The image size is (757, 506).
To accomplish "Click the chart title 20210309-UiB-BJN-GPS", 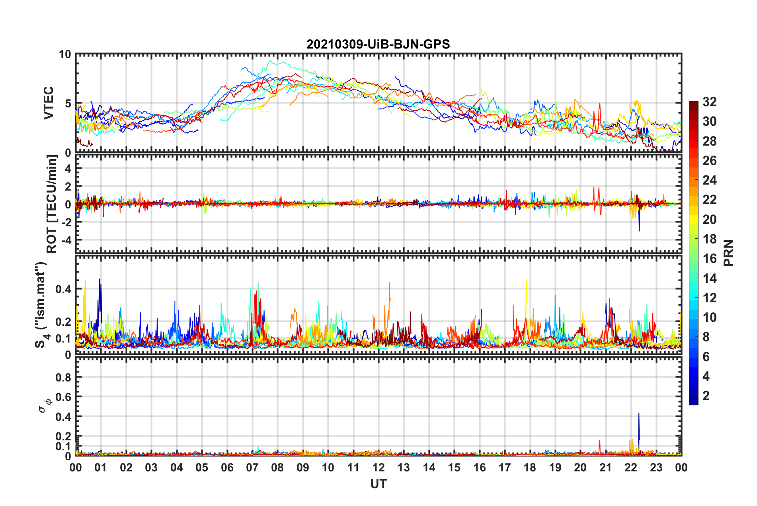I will point(378,44).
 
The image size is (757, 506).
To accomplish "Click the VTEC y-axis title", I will point(49,103).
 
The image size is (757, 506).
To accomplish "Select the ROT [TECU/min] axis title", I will point(52,204).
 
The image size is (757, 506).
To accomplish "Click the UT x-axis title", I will point(378,484).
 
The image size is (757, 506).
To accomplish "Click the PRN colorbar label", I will point(728,253).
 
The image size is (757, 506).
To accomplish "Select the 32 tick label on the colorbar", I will point(709,102).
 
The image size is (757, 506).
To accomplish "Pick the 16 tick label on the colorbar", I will point(709,259).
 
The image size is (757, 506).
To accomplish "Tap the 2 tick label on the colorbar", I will point(706,395).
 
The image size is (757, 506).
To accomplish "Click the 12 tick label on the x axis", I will point(378,467).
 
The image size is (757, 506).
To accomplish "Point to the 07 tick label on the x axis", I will point(252,467).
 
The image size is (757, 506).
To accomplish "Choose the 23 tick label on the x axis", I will point(656,467).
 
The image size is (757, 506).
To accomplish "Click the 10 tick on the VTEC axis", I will point(65,54).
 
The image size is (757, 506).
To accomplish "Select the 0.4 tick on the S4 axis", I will point(63,289).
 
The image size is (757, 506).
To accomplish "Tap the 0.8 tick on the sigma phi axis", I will point(63,377).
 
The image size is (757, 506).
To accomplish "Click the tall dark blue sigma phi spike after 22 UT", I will point(639,415).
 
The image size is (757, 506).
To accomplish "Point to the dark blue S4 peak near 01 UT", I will point(100,280).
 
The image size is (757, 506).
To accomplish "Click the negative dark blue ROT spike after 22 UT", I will point(639,230).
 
